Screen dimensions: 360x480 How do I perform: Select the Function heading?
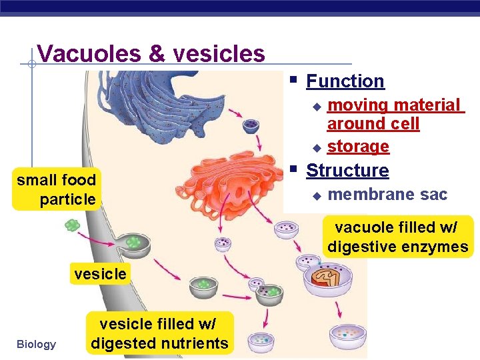click(x=345, y=81)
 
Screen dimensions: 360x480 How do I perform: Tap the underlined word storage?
click(x=358, y=146)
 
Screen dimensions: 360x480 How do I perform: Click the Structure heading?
click(x=347, y=171)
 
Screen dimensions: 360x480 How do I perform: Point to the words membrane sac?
click(x=387, y=194)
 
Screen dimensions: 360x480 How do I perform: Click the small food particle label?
click(x=57, y=189)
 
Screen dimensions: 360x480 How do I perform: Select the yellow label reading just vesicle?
click(x=100, y=274)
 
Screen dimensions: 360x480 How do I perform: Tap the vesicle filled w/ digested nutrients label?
click(x=159, y=334)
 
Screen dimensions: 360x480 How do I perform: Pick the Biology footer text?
click(x=37, y=344)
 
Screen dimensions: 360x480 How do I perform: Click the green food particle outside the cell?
click(x=72, y=225)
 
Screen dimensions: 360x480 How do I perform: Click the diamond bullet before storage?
click(x=317, y=147)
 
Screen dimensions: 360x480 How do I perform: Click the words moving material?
click(x=394, y=105)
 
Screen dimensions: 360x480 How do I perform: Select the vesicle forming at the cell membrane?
click(x=133, y=243)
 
